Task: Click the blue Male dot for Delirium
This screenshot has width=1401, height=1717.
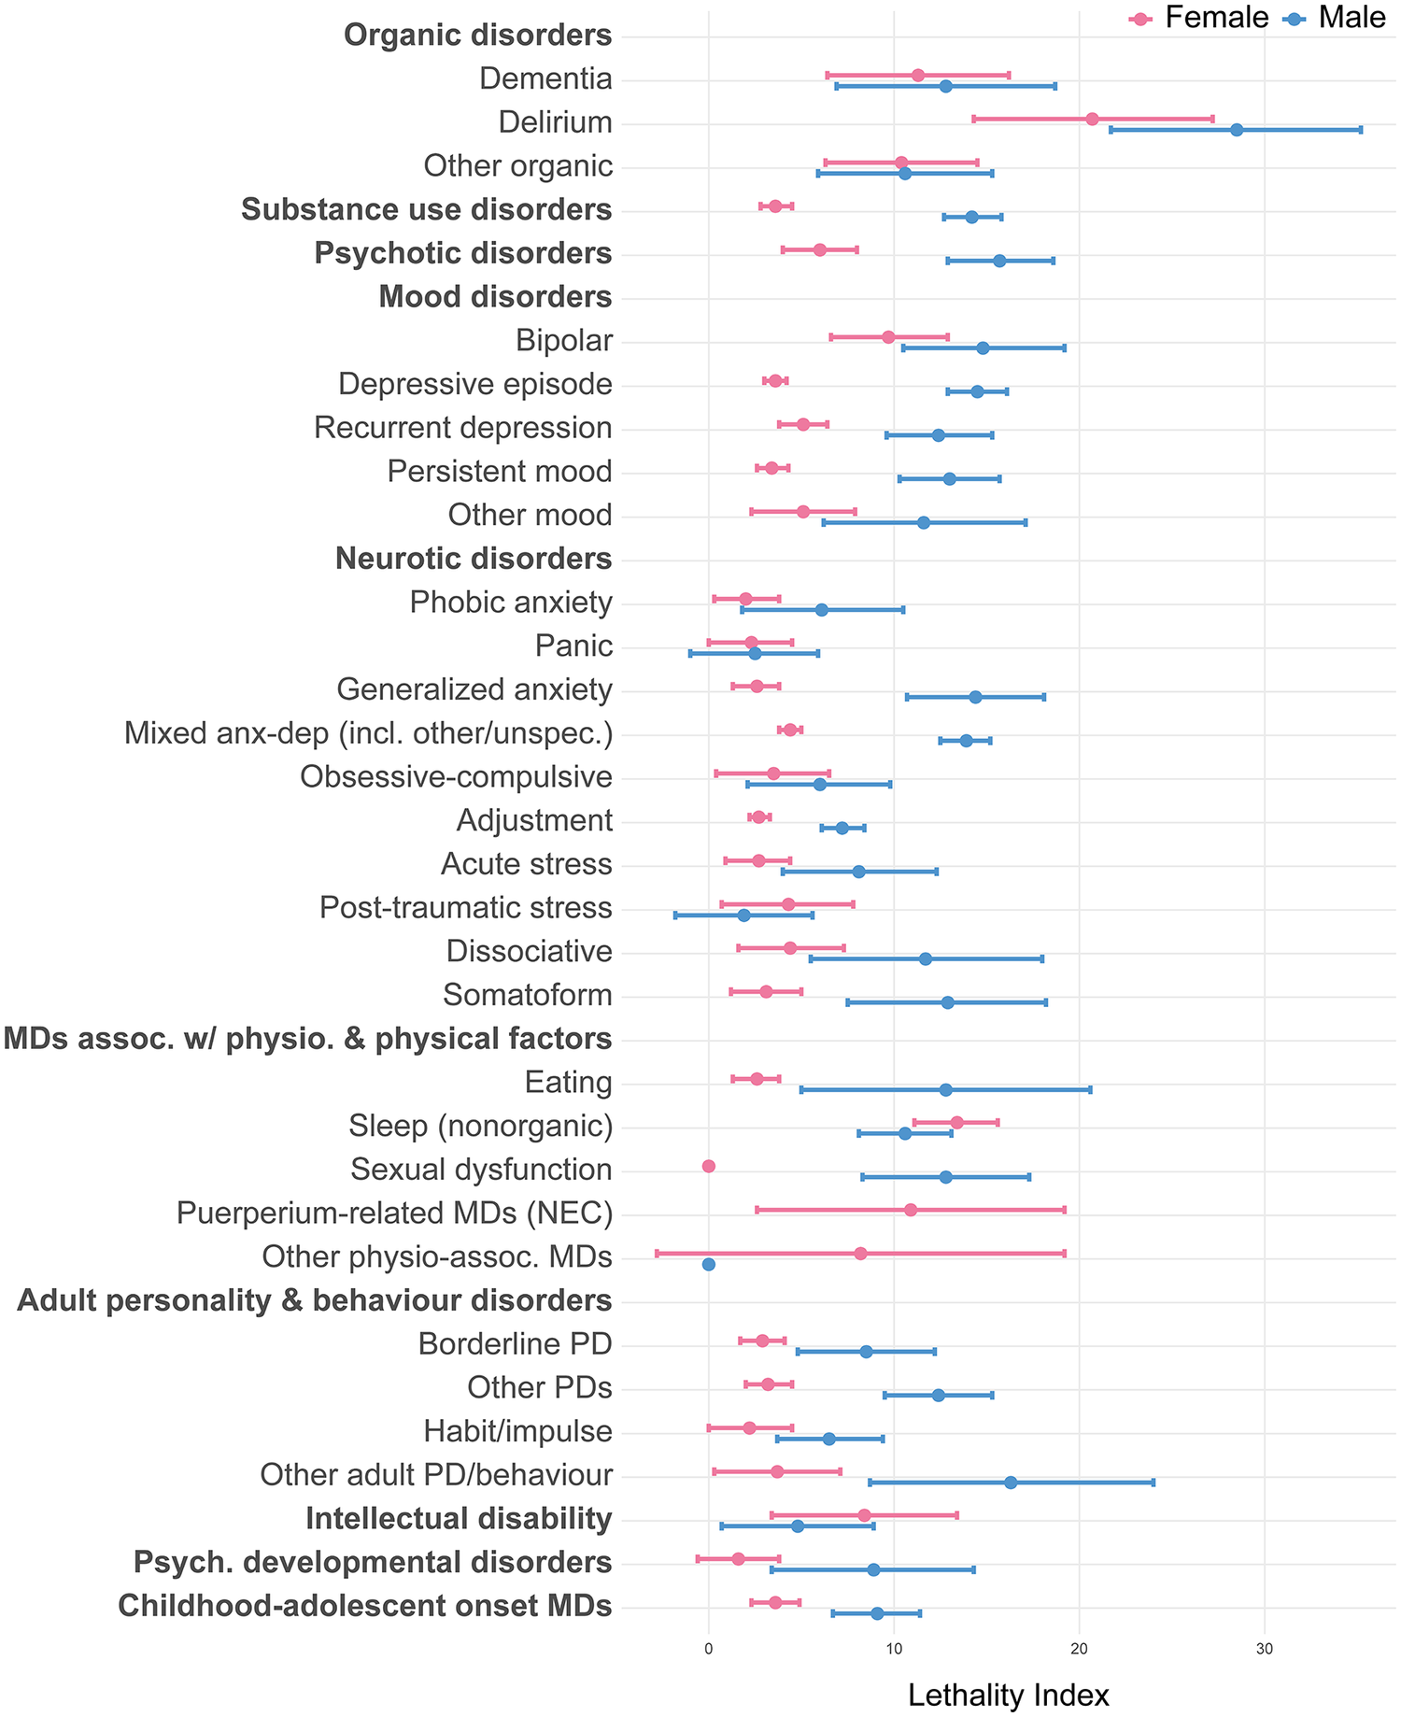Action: point(1237,130)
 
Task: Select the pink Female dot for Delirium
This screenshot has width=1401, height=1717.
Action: point(1092,119)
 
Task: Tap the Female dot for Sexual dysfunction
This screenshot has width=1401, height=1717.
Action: point(708,1166)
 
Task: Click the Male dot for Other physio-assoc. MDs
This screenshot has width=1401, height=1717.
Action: point(708,1264)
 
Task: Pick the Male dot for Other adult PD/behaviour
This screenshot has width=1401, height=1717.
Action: point(1011,1483)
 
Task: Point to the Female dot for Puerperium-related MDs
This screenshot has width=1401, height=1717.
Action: point(911,1210)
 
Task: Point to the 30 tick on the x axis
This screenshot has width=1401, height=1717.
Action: point(1265,1650)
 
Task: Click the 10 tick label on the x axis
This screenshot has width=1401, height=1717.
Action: point(894,1650)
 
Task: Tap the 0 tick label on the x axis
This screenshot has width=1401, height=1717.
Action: point(708,1650)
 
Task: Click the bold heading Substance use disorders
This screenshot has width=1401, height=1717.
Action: point(427,209)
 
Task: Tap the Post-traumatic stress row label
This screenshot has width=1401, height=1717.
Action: point(466,907)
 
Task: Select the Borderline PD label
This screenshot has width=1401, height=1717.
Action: point(516,1343)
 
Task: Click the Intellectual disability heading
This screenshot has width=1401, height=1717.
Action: point(459,1518)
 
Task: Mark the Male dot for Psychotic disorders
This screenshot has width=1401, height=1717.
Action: point(999,261)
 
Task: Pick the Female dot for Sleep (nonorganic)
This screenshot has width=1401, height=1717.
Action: point(956,1122)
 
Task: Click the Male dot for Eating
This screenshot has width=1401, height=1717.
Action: point(945,1089)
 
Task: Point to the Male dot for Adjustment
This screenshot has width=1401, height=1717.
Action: point(842,828)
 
